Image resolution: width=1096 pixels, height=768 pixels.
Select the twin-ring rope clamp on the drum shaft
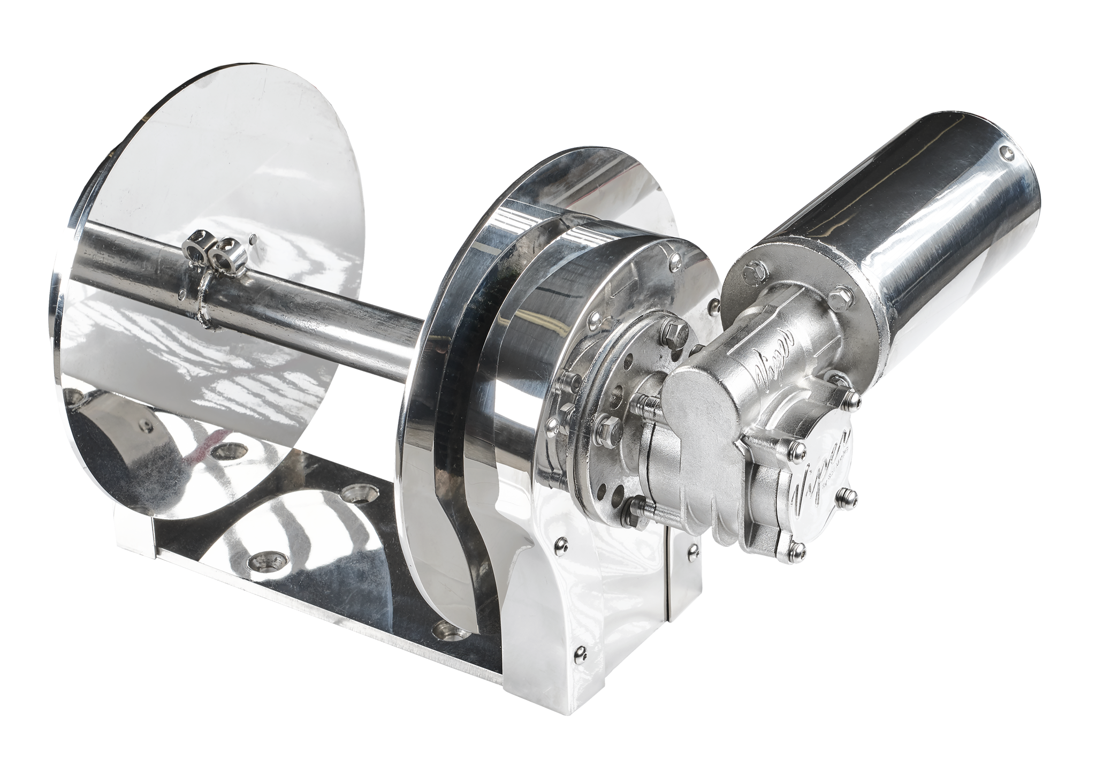[x=212, y=248]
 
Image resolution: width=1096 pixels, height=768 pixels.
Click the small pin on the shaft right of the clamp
[x=251, y=235]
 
